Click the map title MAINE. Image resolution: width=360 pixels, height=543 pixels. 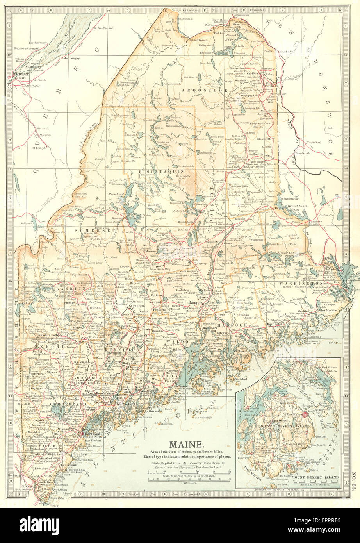tap(186, 444)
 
